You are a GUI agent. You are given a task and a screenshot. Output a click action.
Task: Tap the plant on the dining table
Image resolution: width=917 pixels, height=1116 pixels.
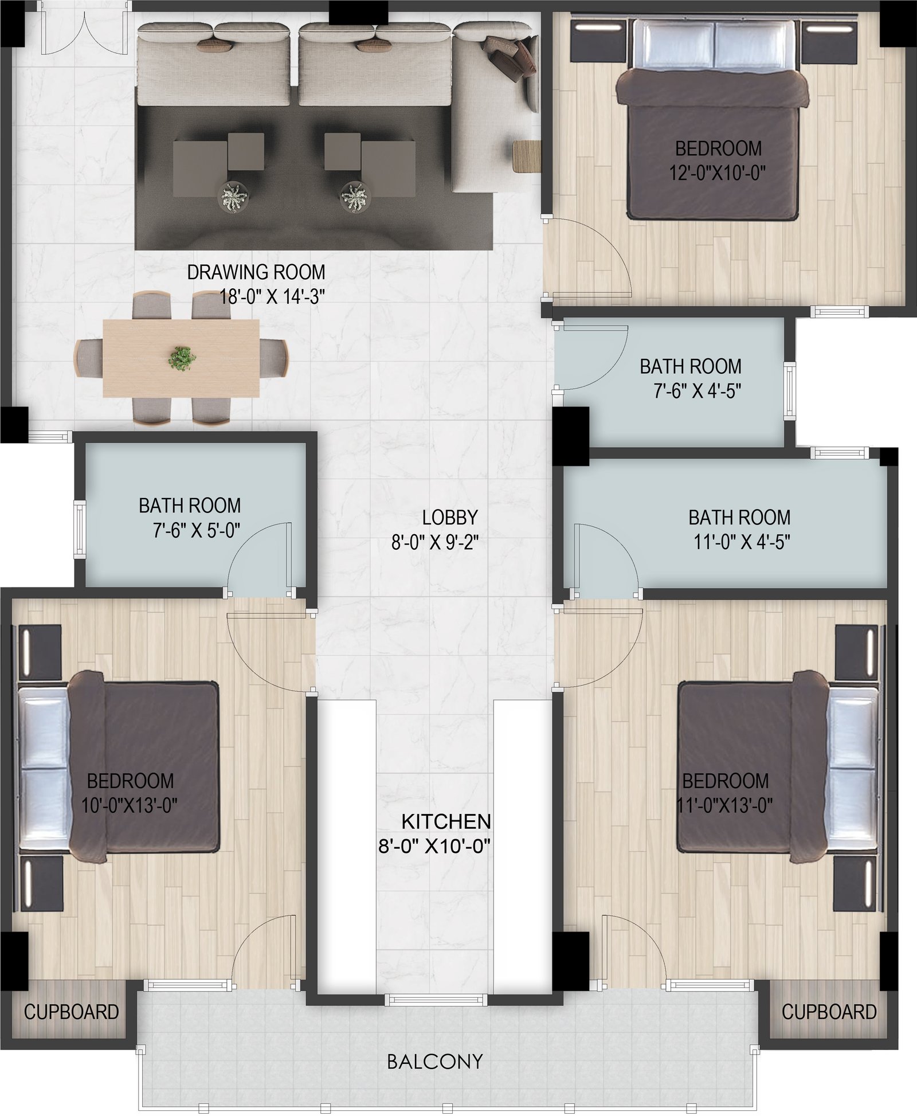point(182,359)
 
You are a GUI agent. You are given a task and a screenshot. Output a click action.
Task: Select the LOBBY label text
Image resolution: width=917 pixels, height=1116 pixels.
point(450,518)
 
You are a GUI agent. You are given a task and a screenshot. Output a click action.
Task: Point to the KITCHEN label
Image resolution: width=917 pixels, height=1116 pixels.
point(446,822)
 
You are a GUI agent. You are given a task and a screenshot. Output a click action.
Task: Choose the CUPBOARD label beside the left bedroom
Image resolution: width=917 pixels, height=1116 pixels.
point(72,1012)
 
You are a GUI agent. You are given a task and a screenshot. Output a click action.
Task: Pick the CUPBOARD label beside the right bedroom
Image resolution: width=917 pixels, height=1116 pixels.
point(829,1012)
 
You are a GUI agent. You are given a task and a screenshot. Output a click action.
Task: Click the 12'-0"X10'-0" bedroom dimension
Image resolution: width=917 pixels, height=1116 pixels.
point(718,173)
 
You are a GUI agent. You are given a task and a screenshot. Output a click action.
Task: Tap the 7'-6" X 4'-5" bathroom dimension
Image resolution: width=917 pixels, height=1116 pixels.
point(697,391)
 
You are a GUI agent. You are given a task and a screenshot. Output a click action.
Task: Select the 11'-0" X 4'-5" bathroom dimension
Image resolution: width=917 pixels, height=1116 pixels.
point(742,542)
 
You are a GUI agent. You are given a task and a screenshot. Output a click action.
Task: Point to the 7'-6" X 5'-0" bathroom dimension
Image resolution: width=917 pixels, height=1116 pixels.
point(196,530)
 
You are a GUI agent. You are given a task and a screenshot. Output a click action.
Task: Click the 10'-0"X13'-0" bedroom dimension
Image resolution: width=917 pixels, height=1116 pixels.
point(130,805)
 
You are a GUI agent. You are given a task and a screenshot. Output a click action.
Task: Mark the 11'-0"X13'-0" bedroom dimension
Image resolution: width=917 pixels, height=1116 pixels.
point(725,805)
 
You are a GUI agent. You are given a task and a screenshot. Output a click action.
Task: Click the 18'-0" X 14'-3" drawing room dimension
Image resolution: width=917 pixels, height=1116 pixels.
point(273,297)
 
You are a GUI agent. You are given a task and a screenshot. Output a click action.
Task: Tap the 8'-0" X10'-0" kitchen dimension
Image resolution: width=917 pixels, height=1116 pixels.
point(434,847)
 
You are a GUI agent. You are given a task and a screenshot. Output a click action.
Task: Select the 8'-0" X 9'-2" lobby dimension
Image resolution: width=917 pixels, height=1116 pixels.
point(435,542)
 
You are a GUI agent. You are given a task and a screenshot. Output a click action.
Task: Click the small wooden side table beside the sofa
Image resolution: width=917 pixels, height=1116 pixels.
point(527,156)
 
